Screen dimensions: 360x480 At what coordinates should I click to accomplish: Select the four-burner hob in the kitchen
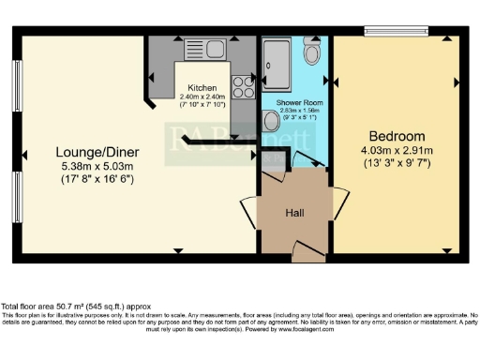(x=243, y=86)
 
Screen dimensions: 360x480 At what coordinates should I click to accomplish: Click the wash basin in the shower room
(x=270, y=120)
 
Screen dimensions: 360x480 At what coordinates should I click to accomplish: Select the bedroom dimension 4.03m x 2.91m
(x=397, y=148)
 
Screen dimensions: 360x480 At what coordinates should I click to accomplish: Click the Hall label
(x=294, y=212)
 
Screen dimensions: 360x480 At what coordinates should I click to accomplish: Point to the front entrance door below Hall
(x=305, y=249)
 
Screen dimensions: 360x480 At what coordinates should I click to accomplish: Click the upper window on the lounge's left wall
(x=18, y=86)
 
